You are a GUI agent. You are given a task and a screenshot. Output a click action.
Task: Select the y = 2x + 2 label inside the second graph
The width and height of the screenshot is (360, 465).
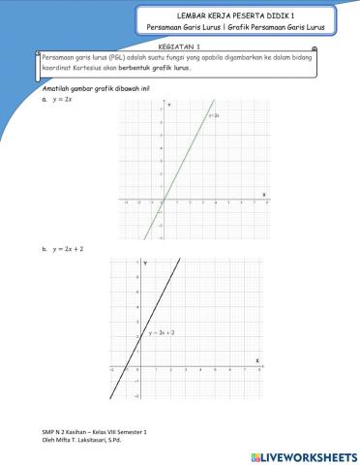click(x=161, y=332)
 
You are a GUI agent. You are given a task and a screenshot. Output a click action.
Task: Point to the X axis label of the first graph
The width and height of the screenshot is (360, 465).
click(x=264, y=194)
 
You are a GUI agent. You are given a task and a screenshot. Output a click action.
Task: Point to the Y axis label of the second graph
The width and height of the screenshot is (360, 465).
click(x=145, y=263)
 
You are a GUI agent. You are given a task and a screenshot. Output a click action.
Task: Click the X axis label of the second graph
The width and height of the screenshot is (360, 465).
click(x=257, y=360)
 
